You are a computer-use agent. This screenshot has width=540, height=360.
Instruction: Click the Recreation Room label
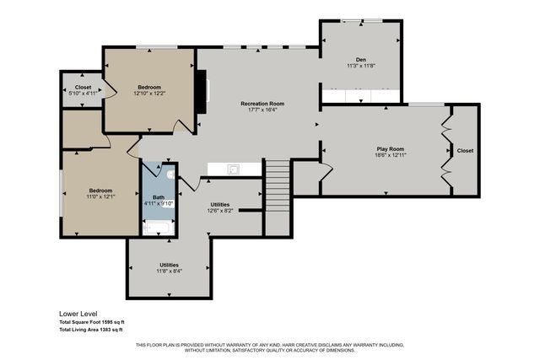point(262,103)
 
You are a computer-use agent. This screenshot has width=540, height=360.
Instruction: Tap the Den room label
point(360,59)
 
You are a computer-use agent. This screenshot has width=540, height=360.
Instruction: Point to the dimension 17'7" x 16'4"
point(262,110)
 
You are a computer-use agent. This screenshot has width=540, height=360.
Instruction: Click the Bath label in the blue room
point(159,196)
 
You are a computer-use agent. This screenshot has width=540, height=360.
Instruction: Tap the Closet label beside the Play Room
point(465,151)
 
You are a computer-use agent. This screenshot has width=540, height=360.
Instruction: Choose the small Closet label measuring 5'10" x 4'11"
point(84,94)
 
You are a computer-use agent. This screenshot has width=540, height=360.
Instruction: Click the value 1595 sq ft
point(120,322)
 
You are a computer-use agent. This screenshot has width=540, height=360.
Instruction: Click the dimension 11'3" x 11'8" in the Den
point(360,66)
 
